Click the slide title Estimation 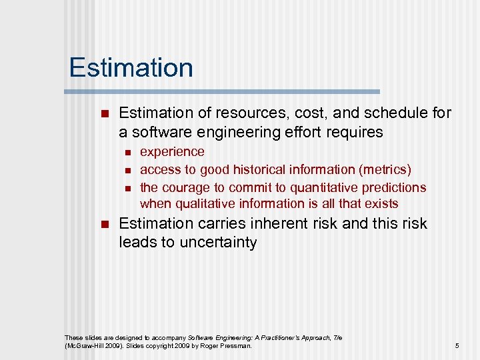point(131,68)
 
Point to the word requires point(355,132)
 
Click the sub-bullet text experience point(172,152)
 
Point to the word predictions point(393,187)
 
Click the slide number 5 point(457,345)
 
